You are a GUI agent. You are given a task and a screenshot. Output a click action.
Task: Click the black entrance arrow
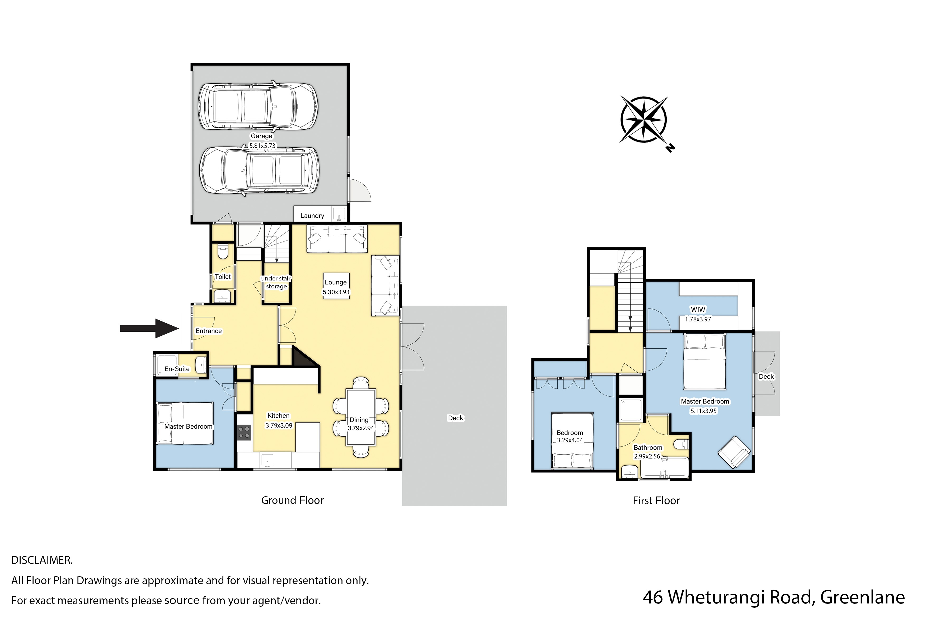click(150, 328)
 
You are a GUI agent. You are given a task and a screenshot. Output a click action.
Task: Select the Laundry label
click(312, 216)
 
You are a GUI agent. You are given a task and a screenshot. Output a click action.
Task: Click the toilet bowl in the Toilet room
click(223, 251)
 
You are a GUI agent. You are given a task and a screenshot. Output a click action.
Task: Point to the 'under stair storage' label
click(276, 282)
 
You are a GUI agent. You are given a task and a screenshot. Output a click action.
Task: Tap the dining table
click(360, 417)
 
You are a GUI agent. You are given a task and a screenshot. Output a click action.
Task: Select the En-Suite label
click(177, 369)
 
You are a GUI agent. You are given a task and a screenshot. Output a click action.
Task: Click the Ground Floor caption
click(292, 500)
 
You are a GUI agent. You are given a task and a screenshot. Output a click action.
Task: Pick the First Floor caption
click(656, 500)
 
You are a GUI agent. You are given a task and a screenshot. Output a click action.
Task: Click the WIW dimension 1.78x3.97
click(698, 319)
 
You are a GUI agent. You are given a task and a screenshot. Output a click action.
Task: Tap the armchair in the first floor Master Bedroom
click(734, 452)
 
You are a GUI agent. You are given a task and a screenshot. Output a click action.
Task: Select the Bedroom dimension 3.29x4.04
click(570, 440)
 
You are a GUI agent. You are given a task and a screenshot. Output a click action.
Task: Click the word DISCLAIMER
click(42, 560)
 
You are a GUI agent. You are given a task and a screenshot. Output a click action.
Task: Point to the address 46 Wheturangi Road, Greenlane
click(774, 597)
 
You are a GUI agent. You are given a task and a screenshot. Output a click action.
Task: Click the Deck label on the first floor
click(766, 376)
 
